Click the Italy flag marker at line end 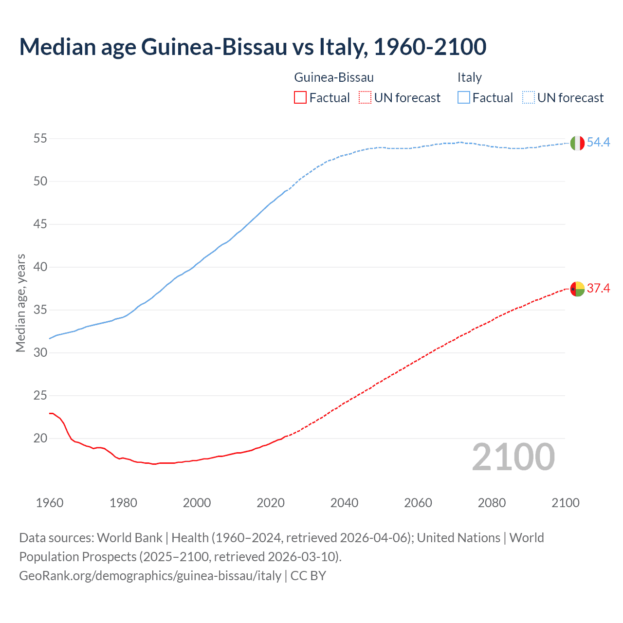[577, 143]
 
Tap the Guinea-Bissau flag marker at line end [577, 289]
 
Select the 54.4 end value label [598, 142]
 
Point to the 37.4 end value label [598, 288]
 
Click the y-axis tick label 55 [40, 139]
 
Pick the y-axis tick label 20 [40, 439]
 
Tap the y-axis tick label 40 [40, 267]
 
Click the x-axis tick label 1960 [50, 503]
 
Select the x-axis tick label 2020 [271, 503]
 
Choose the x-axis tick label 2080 [492, 503]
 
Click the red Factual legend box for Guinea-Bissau [300, 98]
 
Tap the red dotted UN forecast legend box [365, 98]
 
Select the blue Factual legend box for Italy [463, 98]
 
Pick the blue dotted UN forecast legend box [528, 98]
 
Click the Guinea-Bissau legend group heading [334, 77]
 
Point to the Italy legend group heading [469, 77]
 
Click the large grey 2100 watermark [513, 457]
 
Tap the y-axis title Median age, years [20, 303]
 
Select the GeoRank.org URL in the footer [150, 576]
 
